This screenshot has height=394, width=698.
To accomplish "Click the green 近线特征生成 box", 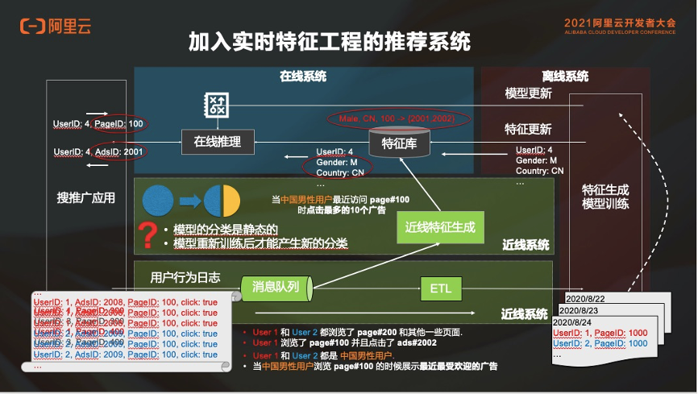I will [440, 228].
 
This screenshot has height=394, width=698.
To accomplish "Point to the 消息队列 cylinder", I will [276, 286].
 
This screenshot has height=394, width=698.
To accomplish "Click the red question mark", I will [147, 235].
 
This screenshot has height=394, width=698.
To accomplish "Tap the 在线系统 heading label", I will [303, 77].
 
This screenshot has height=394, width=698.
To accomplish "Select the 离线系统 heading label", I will [565, 77].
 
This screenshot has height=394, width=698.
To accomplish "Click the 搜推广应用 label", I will [86, 197].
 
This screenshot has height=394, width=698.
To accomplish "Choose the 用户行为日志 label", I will [185, 277].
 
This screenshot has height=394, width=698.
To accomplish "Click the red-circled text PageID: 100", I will [118, 123].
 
